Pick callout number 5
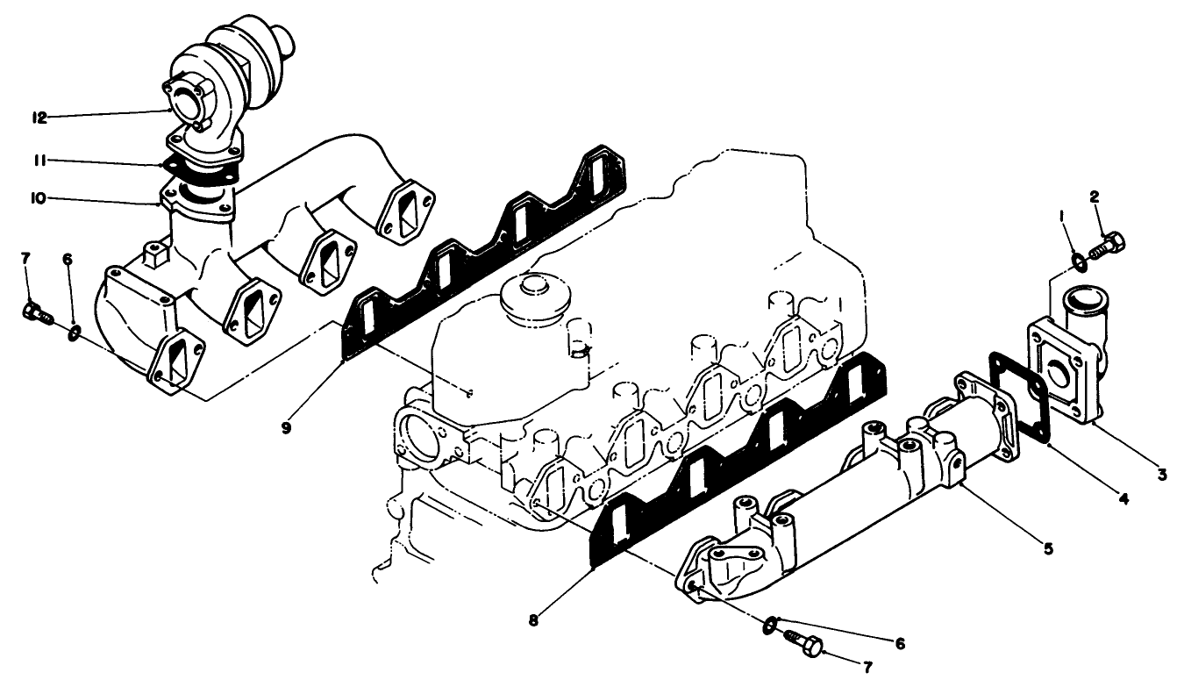pos(1048,548)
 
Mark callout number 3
pos(1160,474)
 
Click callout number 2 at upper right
pos(1095,197)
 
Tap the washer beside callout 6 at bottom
pos(769,625)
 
